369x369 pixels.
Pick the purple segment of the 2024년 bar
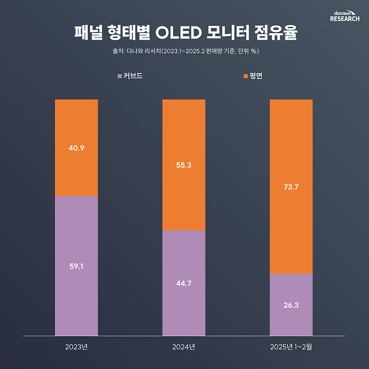184,308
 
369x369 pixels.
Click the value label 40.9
76,148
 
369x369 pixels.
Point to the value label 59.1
76,266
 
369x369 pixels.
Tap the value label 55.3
184,165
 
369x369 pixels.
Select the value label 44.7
184,283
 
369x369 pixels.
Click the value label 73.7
291,187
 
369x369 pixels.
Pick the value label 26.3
291,306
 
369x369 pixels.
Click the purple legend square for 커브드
119,76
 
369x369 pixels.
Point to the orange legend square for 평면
246,76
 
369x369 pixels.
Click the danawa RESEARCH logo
344,15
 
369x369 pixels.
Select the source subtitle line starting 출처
184,51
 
